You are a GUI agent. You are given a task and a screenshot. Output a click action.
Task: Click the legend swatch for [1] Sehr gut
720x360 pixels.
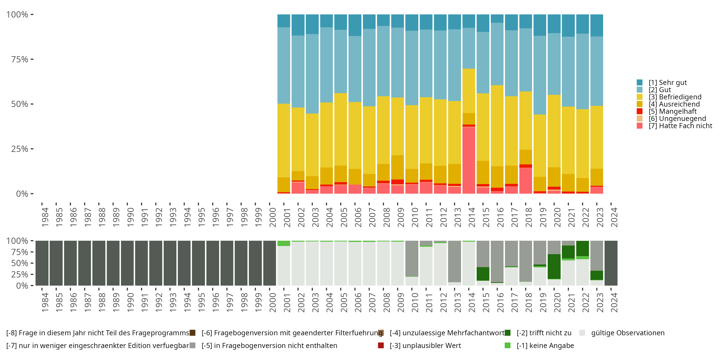[x=640, y=83]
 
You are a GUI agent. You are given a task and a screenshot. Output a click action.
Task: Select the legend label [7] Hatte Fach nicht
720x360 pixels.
[x=680, y=126]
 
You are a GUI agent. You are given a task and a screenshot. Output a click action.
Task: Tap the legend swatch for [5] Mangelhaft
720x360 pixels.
[x=640, y=111]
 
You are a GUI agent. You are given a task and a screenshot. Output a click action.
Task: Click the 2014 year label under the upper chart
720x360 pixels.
[x=472, y=217]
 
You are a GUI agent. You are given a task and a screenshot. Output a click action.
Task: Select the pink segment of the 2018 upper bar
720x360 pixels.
[x=525, y=180]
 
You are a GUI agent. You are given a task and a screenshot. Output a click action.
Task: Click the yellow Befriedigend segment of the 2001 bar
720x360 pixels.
[x=284, y=141]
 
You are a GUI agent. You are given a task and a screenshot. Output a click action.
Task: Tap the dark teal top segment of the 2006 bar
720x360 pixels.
[x=355, y=25]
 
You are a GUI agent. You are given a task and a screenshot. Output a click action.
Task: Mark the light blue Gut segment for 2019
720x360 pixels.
[x=540, y=75]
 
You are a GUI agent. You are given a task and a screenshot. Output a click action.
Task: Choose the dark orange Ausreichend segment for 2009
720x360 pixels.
[x=397, y=167]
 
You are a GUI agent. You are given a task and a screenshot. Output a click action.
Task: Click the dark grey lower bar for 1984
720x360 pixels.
[x=42, y=263]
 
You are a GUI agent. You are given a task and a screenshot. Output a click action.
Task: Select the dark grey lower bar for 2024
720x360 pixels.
[x=611, y=263]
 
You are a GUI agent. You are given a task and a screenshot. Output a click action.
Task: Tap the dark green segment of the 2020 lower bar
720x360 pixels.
[x=554, y=266]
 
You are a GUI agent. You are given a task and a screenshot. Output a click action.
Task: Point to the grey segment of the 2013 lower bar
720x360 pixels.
[x=455, y=261]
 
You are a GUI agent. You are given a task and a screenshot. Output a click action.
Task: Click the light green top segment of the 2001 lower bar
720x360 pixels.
[x=284, y=243]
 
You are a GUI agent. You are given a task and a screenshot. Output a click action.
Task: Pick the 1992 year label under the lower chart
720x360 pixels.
[x=158, y=303]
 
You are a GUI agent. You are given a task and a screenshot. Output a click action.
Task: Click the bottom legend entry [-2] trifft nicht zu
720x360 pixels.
[x=544, y=333]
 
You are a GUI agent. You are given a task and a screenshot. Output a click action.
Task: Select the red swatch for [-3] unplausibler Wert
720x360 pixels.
[x=381, y=345]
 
